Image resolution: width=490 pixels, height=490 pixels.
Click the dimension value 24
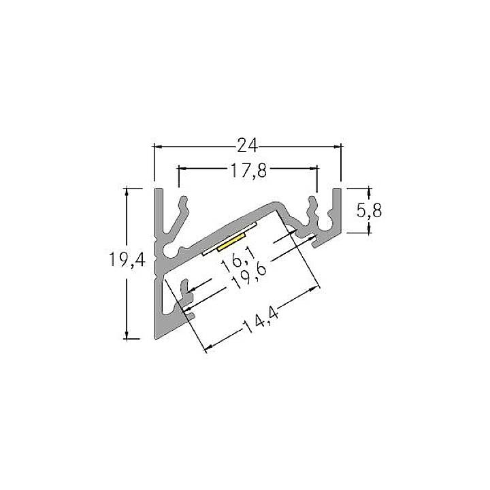coord(246,145)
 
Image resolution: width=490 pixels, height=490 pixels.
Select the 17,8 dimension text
coord(247,171)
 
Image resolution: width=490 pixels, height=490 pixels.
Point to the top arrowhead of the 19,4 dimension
coord(127,193)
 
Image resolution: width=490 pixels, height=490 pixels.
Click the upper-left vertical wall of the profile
coord(158,211)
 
